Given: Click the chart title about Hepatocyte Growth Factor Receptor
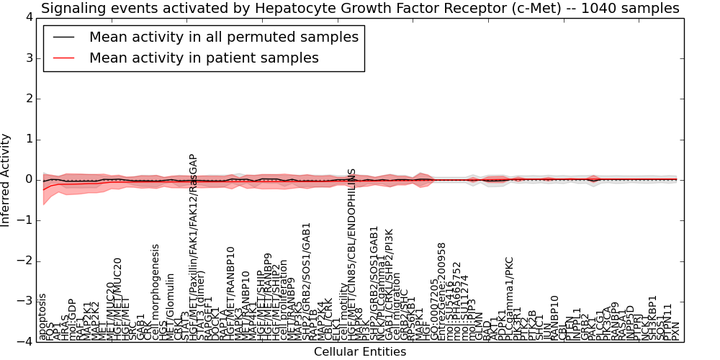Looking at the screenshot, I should click(360, 8).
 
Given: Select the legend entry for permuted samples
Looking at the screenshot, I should click(223, 37).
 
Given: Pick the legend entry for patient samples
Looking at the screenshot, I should click(204, 58).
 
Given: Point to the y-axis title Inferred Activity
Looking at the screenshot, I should click(6, 179).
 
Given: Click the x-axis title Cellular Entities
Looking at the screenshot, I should click(360, 352).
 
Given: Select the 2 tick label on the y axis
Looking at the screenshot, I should click(27, 99).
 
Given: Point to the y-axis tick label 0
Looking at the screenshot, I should click(27, 180).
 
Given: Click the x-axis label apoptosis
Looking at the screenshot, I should click(42, 317).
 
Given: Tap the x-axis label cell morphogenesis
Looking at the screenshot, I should click(156, 292).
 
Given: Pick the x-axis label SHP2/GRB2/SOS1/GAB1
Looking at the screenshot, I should click(307, 282).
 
